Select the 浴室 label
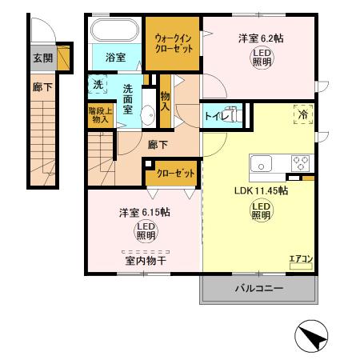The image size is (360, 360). click(x=115, y=58)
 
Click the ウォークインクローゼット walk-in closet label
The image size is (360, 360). click(x=172, y=42)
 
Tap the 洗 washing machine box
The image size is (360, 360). click(x=97, y=84)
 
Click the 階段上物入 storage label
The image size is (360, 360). click(x=100, y=115)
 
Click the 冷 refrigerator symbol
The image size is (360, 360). click(x=303, y=114)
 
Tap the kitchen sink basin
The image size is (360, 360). click(x=263, y=163)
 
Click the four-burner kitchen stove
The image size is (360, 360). click(x=302, y=162)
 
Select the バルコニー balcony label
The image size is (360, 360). click(x=258, y=288)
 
